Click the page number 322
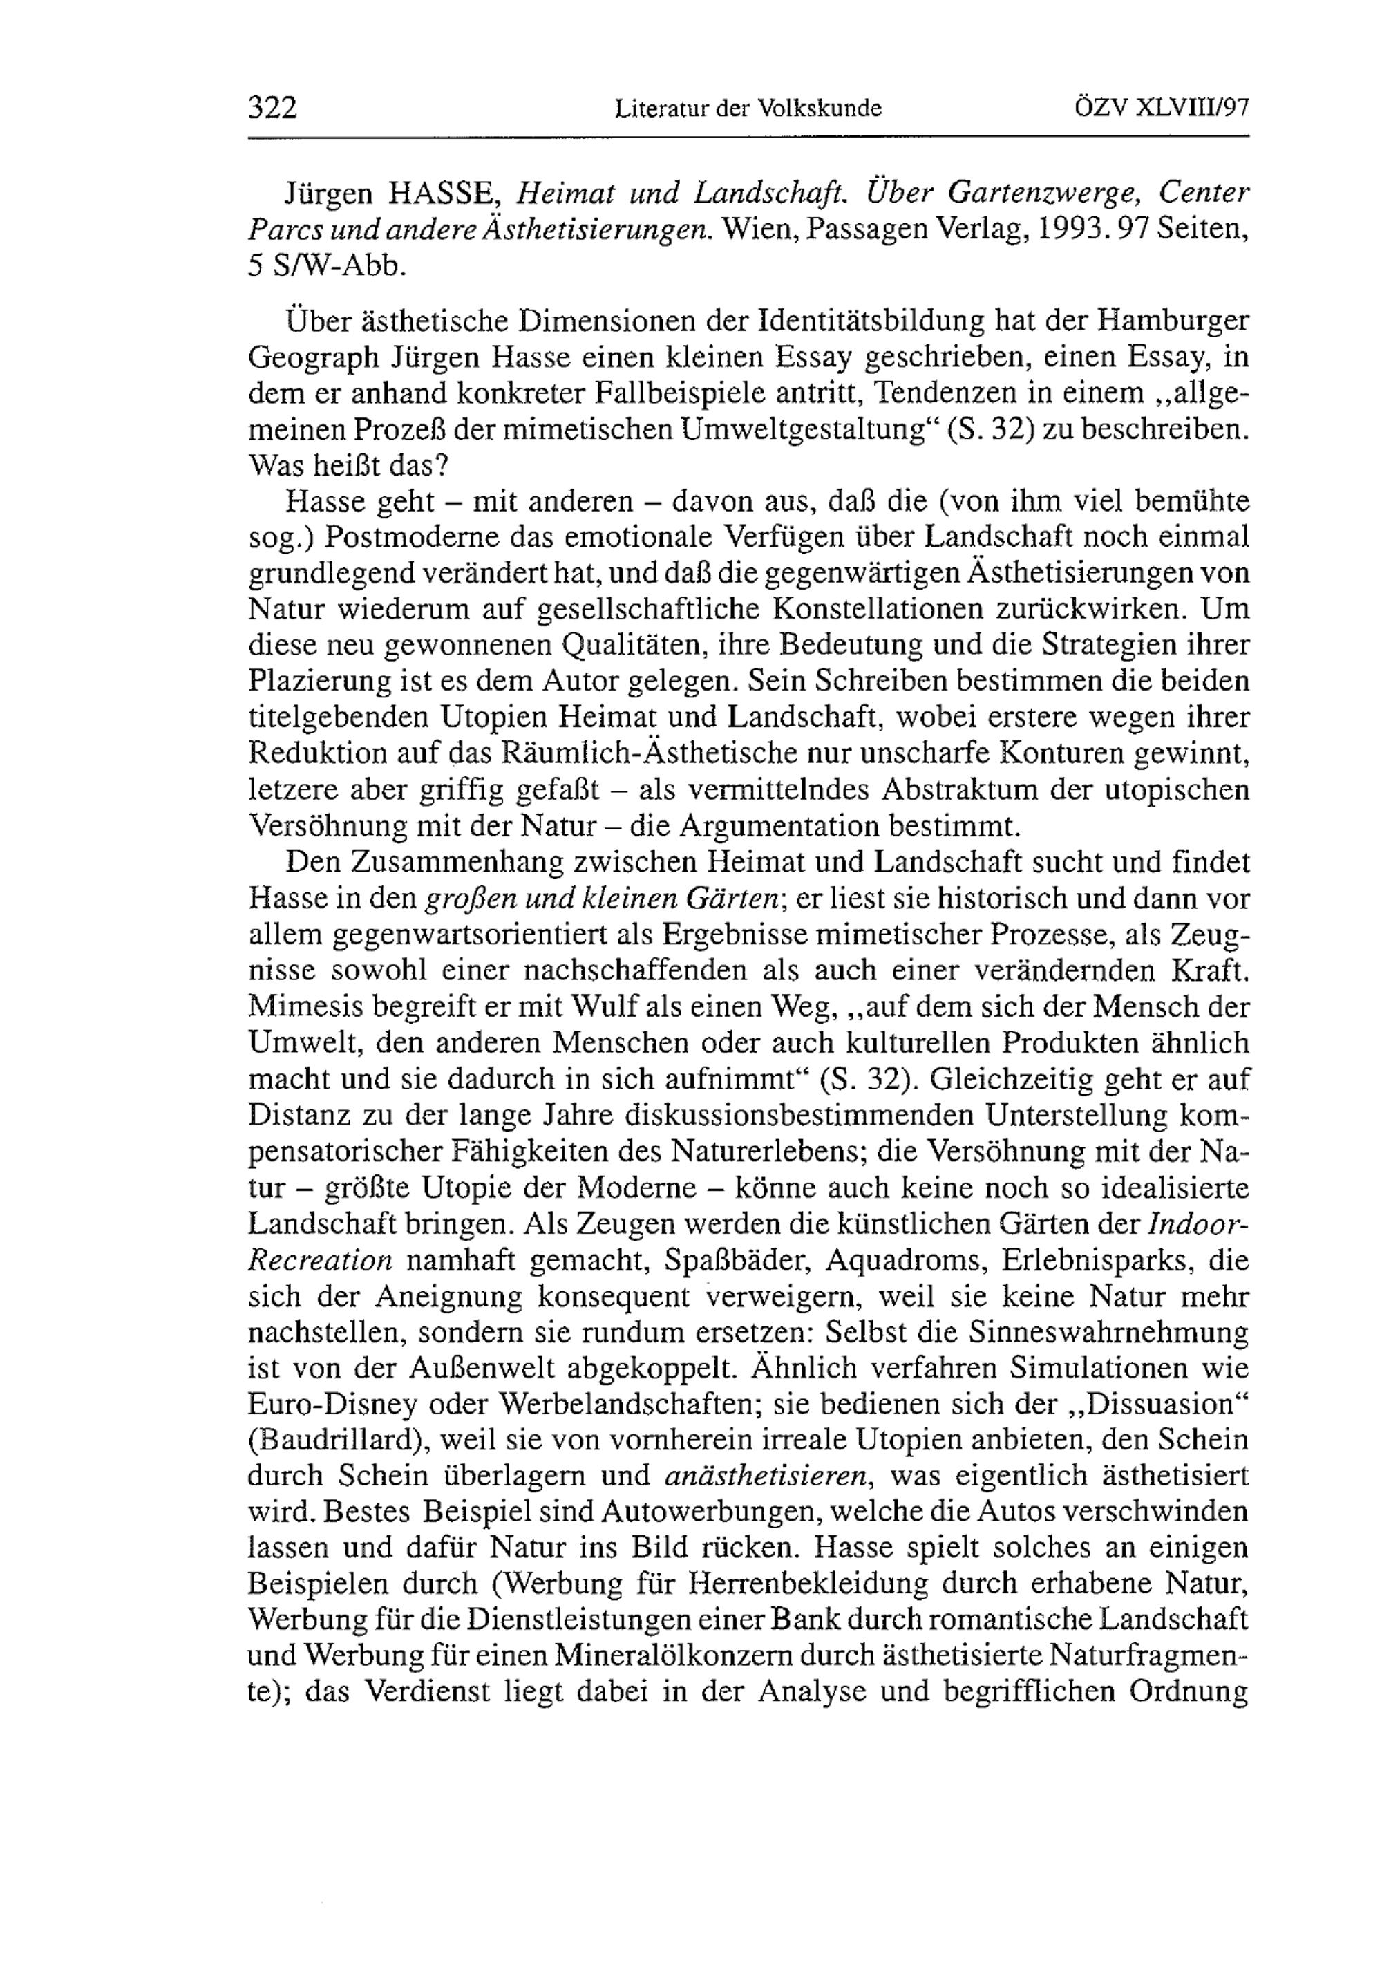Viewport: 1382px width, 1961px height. (272, 109)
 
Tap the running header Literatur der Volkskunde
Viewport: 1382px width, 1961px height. (748, 109)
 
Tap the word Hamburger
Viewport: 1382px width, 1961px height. (1173, 321)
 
